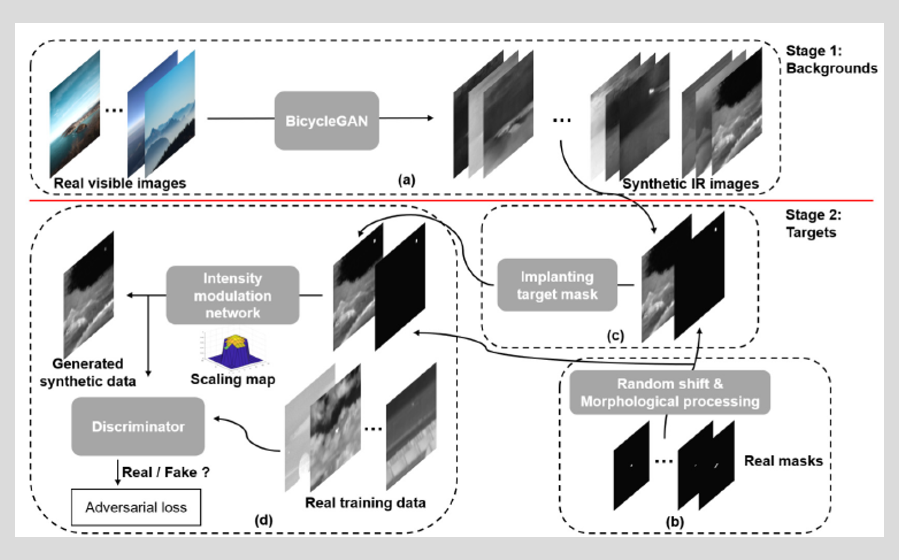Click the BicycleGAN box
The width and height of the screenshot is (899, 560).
pyautogui.click(x=327, y=120)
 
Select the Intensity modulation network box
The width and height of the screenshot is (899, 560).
pyautogui.click(x=233, y=295)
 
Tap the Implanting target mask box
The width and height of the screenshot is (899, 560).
pyautogui.click(x=557, y=285)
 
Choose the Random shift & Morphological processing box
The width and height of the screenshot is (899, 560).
pyautogui.click(x=670, y=393)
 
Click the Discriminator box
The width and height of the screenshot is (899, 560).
pyautogui.click(x=138, y=426)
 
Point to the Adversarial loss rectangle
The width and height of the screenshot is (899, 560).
pyautogui.click(x=136, y=507)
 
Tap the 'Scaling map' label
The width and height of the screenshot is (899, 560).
pyautogui.click(x=233, y=379)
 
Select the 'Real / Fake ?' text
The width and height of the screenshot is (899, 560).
pyautogui.click(x=166, y=472)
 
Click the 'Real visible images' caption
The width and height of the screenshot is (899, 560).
pyautogui.click(x=120, y=183)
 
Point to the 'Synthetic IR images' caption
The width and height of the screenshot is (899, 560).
pyautogui.click(x=690, y=184)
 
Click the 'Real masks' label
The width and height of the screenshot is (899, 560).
pyautogui.click(x=783, y=461)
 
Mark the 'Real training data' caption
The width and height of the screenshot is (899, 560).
pyautogui.click(x=365, y=503)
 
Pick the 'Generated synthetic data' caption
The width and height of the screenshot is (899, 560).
pyautogui.click(x=88, y=373)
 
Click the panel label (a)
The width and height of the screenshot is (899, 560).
pyautogui.click(x=407, y=180)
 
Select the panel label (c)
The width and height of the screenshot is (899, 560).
pyautogui.click(x=615, y=335)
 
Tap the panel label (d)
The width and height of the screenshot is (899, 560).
pyautogui.click(x=264, y=520)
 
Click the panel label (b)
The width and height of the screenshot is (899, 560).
pyautogui.click(x=674, y=522)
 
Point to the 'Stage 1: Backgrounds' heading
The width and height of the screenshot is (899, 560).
pyautogui.click(x=831, y=60)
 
